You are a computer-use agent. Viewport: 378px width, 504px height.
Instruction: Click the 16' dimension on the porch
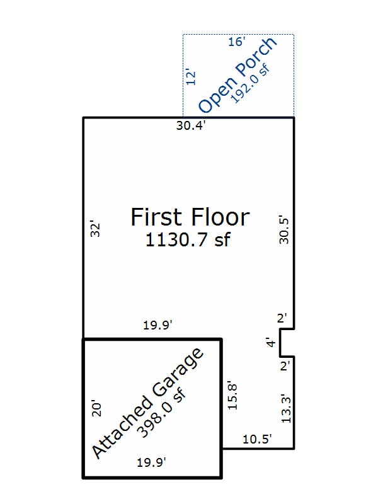point(236,42)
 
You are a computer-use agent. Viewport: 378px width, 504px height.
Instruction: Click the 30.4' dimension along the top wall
point(191,125)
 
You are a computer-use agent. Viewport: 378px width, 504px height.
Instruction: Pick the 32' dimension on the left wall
point(95,228)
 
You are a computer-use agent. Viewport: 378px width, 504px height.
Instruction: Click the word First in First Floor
point(158,217)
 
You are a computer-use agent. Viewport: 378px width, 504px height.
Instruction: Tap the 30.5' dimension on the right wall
point(284,231)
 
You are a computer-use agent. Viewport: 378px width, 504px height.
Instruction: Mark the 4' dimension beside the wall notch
point(270,343)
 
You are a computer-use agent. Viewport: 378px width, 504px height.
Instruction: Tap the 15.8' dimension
point(233,395)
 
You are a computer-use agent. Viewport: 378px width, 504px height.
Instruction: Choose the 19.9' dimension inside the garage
point(151,463)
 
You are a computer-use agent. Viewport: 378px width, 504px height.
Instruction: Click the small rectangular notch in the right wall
point(287,343)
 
